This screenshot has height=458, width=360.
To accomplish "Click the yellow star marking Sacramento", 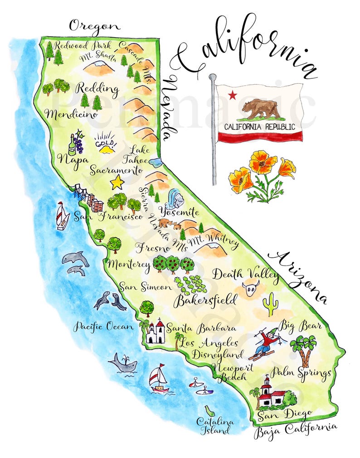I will pyautogui.click(x=117, y=182).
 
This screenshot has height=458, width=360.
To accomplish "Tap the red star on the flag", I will pyautogui.click(x=233, y=95).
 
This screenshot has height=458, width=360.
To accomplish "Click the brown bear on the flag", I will pyautogui.click(x=260, y=108).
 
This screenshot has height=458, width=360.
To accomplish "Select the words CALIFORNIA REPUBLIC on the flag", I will pyautogui.click(x=259, y=127).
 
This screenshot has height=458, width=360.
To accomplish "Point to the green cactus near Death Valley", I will pyautogui.click(x=270, y=304).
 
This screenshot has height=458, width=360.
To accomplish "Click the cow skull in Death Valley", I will pyautogui.click(x=251, y=288).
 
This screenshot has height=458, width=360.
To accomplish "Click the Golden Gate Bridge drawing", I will pyautogui.click(x=82, y=193).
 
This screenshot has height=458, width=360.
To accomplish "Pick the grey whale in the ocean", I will pyautogui.click(x=122, y=363).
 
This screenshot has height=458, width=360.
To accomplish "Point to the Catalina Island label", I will pyautogui.click(x=215, y=425).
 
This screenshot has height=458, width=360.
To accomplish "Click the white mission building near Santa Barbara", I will pyautogui.click(x=155, y=333).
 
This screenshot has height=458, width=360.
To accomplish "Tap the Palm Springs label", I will pyautogui.click(x=301, y=372).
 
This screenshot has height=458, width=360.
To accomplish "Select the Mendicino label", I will pyautogui.click(x=72, y=114).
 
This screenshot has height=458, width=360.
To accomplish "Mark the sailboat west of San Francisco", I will pyautogui.click(x=62, y=216).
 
